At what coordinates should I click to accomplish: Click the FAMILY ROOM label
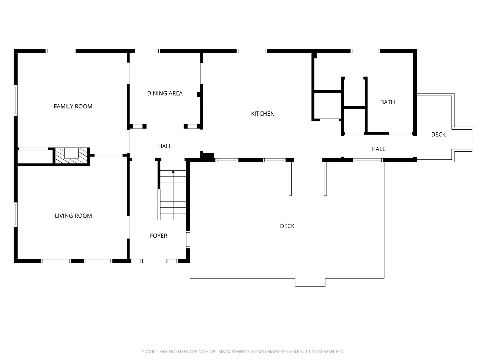[73, 106]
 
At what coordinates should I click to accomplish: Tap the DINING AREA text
[165, 93]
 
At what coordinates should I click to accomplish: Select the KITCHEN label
[263, 114]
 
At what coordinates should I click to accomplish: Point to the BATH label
[387, 102]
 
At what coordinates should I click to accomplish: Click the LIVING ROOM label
[73, 216]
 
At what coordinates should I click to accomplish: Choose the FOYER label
[159, 236]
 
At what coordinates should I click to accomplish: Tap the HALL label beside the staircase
[165, 146]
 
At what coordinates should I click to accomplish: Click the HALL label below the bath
[378, 149]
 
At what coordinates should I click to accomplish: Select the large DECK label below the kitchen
[287, 226]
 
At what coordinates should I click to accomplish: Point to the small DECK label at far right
[438, 134]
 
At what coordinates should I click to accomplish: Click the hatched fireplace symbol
[71, 155]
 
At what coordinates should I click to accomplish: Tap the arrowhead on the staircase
[173, 172]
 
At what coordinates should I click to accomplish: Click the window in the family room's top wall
[61, 51]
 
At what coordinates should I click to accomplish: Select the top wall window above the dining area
[148, 51]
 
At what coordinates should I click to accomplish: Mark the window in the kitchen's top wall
[252, 51]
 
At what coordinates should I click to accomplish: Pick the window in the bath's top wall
[365, 51]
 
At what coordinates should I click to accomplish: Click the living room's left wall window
[16, 215]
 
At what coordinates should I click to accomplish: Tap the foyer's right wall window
[188, 240]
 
